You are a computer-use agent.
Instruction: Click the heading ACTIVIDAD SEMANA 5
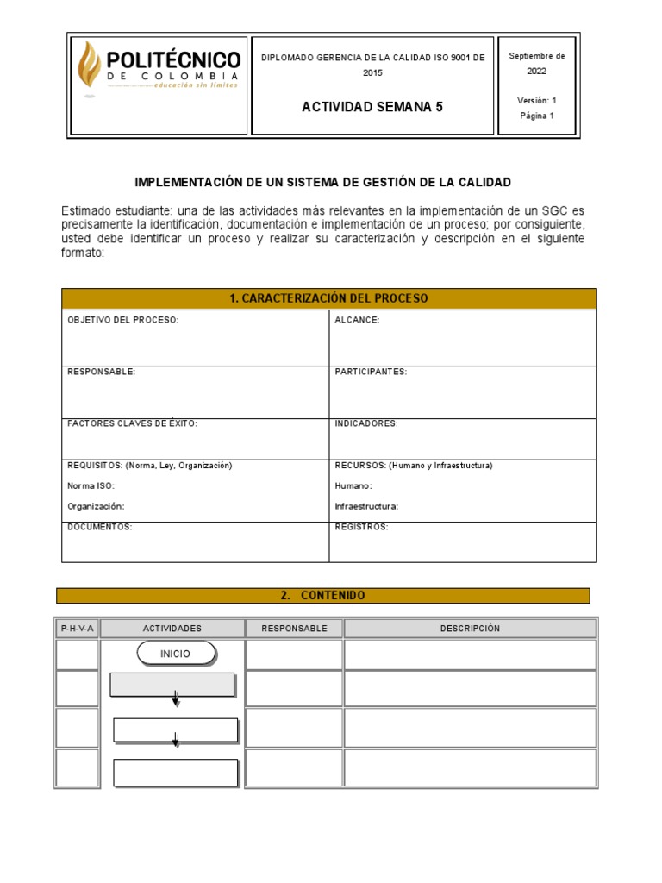pos(372,107)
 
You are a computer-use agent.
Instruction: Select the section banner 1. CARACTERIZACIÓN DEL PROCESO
pos(328,298)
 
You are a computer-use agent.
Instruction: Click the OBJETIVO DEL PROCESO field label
pos(122,320)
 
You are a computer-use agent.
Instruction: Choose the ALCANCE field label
pos(357,320)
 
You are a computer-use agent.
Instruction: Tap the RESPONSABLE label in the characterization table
pos(102,372)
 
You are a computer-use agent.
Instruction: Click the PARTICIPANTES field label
pos(371,372)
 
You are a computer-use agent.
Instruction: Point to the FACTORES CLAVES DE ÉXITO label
pos(133,423)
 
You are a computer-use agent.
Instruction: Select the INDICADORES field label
pos(366,423)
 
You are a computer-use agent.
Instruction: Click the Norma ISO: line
pos(91,485)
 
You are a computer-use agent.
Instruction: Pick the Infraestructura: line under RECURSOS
pos(366,506)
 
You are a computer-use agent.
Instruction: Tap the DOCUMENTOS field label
pos(100,526)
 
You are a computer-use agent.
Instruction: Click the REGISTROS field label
pos(361,526)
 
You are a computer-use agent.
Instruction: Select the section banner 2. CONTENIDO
pos(322,596)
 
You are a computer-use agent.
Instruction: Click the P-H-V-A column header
pos(78,629)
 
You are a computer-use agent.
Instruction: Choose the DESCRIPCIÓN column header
pos(470,629)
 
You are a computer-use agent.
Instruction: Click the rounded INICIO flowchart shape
pos(176,654)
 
